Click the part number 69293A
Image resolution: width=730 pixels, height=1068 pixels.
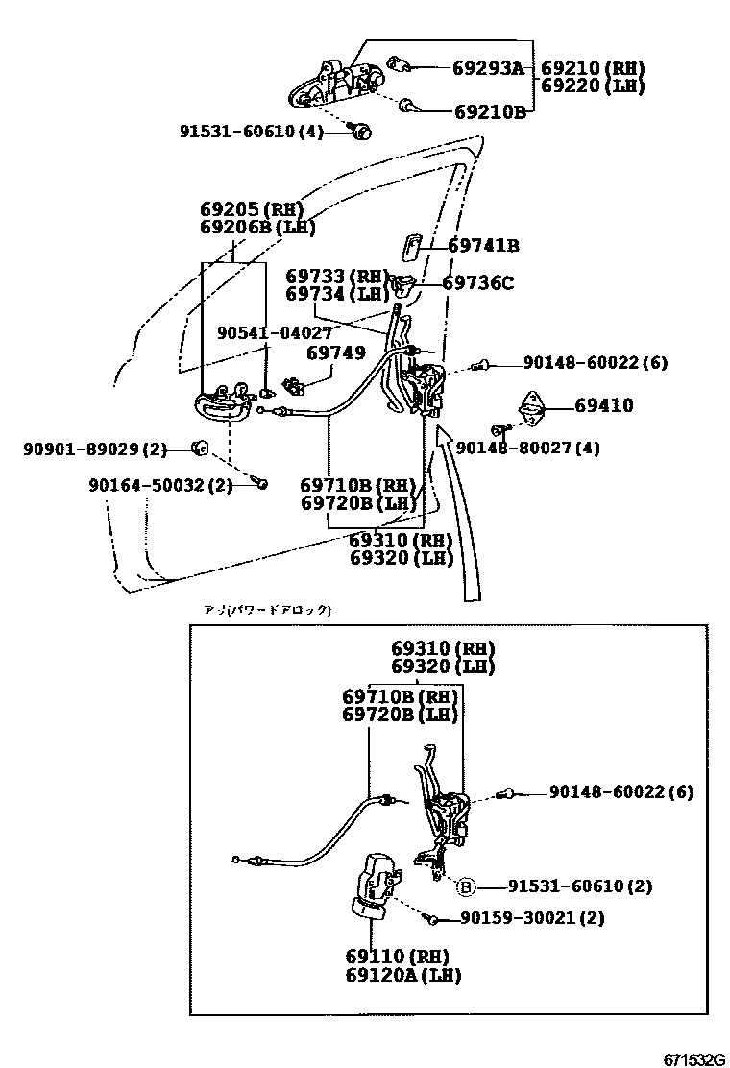point(489,68)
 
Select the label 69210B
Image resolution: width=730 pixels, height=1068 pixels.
point(490,112)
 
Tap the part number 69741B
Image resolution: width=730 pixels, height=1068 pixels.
point(483,246)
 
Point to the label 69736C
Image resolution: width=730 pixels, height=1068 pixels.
point(477,283)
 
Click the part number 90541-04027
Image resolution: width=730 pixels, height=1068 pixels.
point(275,332)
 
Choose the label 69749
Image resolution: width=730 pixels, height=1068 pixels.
point(335,353)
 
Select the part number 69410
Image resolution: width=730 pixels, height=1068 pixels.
point(603,406)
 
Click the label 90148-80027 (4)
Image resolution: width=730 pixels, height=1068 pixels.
point(527,448)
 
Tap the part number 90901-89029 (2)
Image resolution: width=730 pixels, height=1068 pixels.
point(95,449)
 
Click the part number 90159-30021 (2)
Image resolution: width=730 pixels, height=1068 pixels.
point(532,918)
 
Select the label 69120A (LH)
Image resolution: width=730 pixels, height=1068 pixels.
point(403,975)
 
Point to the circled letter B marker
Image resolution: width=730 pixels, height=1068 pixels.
point(465,886)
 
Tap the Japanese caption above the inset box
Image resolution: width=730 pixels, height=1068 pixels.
point(268,610)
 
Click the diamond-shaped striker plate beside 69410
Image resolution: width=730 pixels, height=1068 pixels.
point(531,408)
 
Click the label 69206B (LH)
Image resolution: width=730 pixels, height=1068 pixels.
point(257,228)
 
